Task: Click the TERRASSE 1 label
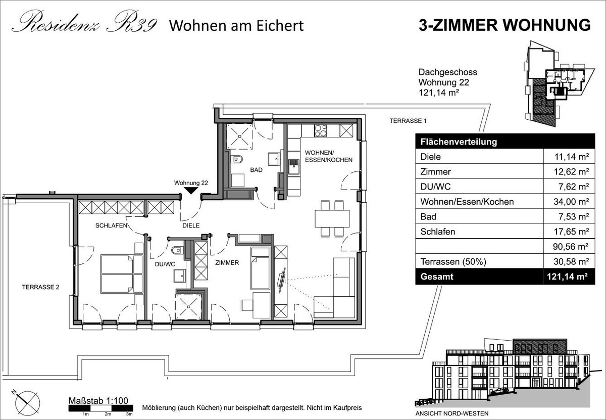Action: tap(408, 121)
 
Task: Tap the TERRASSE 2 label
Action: tap(40, 287)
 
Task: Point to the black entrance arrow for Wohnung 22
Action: tap(191, 191)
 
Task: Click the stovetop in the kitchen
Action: tap(321, 130)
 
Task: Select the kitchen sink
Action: tap(293, 167)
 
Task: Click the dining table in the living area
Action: tap(332, 218)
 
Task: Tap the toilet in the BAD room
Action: tap(237, 159)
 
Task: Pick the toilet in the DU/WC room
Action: tap(177, 250)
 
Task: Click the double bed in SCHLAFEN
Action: tap(122, 274)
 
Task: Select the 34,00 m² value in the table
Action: tap(571, 202)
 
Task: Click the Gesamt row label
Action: tap(437, 277)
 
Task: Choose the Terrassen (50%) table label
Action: tap(453, 262)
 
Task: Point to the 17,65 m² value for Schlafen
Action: tap(571, 231)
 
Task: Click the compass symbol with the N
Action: tap(27, 403)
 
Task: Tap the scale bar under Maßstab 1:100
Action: tap(100, 408)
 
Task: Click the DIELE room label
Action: tap(191, 225)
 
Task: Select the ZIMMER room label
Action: tap(227, 263)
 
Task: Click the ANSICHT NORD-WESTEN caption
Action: tap(452, 413)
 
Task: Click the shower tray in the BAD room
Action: tap(240, 136)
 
